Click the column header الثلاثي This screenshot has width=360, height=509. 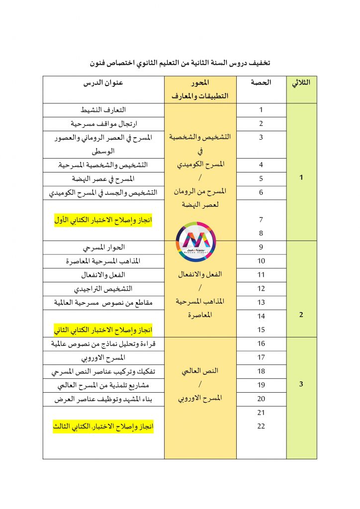(x=301, y=83)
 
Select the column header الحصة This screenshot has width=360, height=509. (x=261, y=83)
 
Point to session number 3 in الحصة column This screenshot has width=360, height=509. (x=261, y=137)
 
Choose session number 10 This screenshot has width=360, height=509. (x=261, y=261)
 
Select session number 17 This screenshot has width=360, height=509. (x=261, y=357)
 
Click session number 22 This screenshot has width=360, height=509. (x=261, y=426)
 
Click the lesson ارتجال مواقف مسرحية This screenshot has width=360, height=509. (x=103, y=123)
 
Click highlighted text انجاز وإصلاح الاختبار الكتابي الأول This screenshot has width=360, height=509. (x=103, y=220)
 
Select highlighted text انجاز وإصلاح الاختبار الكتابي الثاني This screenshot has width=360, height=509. (x=103, y=330)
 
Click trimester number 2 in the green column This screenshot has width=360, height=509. (x=301, y=315)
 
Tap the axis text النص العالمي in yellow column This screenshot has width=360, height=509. (x=200, y=371)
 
